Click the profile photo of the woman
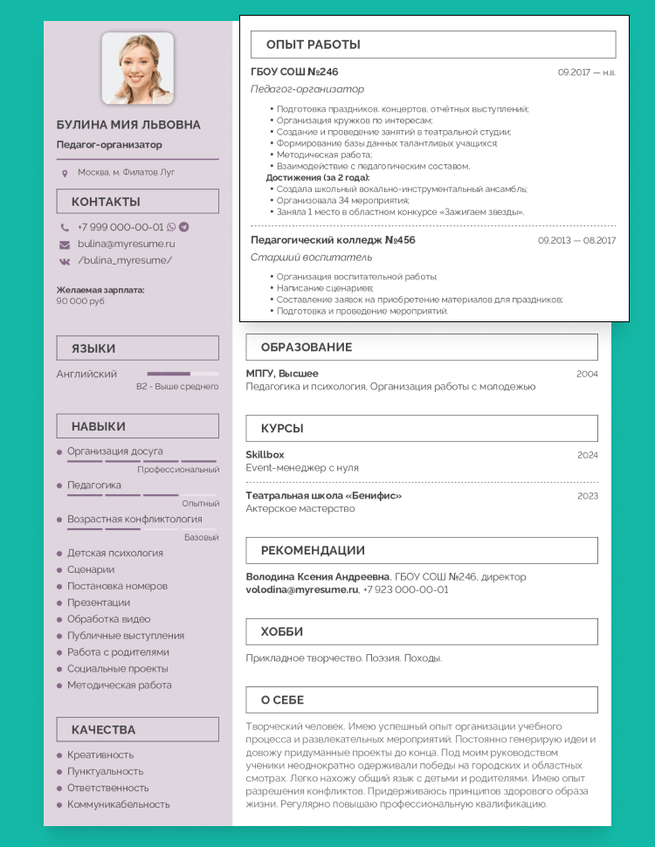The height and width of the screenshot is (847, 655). point(137,69)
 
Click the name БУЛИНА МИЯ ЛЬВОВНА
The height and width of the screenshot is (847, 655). point(128,125)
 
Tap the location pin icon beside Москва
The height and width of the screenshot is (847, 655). point(65,173)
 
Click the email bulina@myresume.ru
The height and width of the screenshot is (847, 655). point(126,244)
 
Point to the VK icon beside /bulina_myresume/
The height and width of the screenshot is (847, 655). point(65,260)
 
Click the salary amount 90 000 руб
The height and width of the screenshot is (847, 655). point(80,301)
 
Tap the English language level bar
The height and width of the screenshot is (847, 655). point(183,374)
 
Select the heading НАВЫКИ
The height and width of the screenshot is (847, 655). point(99,426)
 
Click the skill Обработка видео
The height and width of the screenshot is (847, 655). point(108,619)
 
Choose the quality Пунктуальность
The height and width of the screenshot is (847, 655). point(105,771)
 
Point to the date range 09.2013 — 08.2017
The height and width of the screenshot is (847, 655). point(576,240)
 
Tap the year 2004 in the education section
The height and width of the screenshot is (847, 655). point(587,374)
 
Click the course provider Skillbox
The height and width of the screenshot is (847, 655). point(265,455)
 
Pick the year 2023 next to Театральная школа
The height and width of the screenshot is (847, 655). point(587,496)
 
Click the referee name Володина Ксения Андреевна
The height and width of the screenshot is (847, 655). point(318,576)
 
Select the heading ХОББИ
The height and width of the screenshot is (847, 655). point(282,631)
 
